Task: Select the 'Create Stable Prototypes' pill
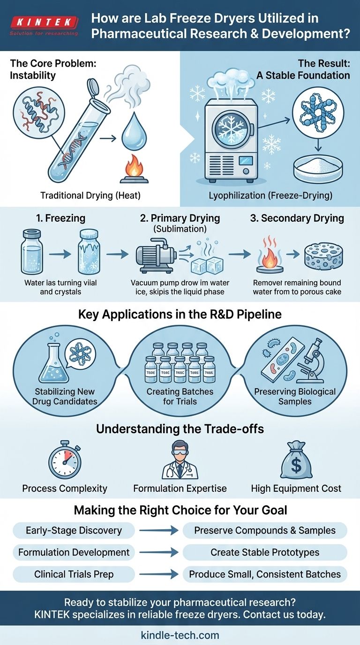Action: tap(265, 552)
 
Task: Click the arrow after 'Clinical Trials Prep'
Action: tap(158, 574)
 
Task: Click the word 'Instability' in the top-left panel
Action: tap(33, 75)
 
